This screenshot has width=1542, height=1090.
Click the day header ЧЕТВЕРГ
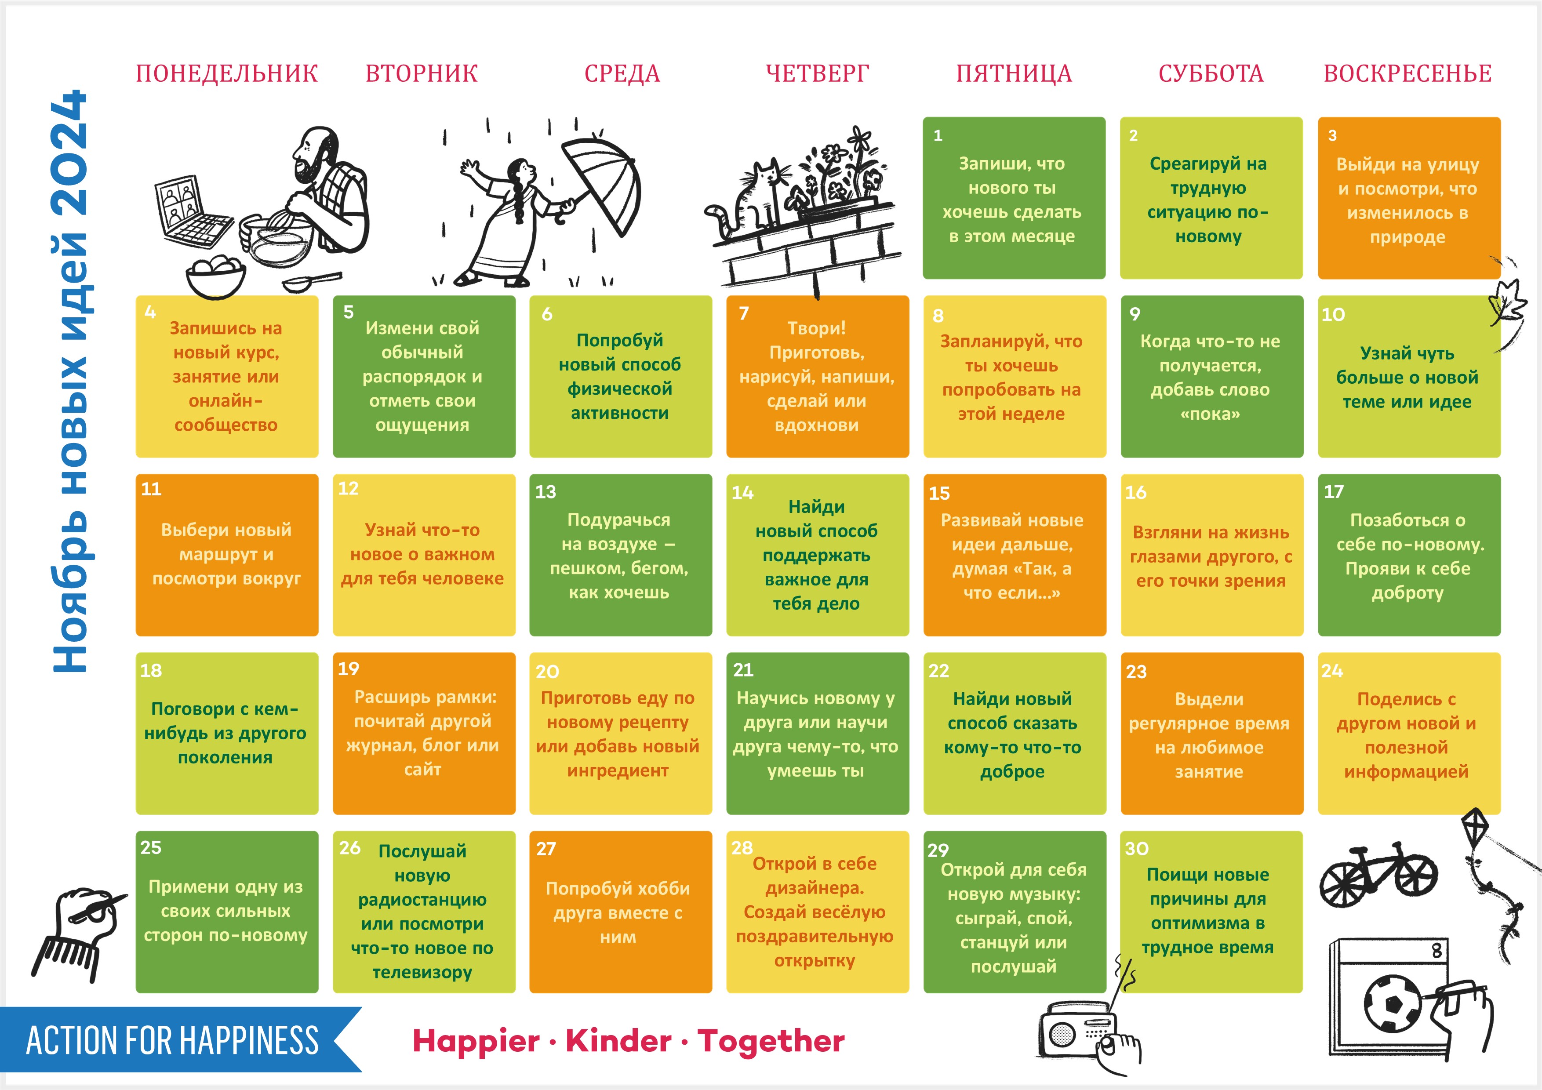(817, 73)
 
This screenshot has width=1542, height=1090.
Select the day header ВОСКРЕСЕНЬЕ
(1407, 73)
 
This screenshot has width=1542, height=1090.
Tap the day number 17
(1334, 492)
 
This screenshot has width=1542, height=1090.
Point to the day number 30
(1137, 849)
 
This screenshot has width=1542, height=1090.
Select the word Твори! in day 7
(817, 328)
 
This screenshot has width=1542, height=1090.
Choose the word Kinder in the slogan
(618, 1041)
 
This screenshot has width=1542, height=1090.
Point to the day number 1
(938, 136)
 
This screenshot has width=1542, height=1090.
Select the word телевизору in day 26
(422, 973)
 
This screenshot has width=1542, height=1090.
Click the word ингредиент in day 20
(618, 771)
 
